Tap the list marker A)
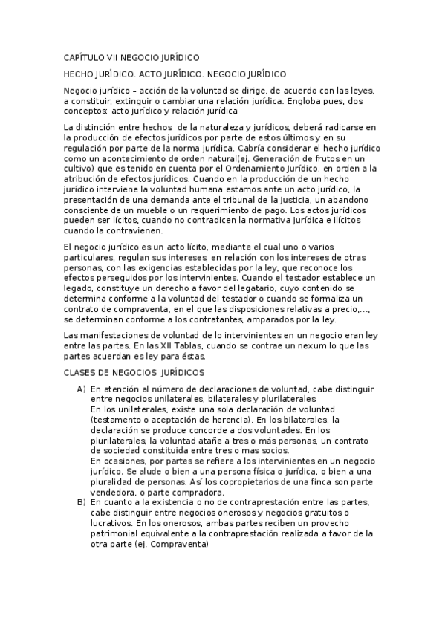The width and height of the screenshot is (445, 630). tap(81, 389)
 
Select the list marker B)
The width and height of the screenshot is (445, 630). tap(81, 503)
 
